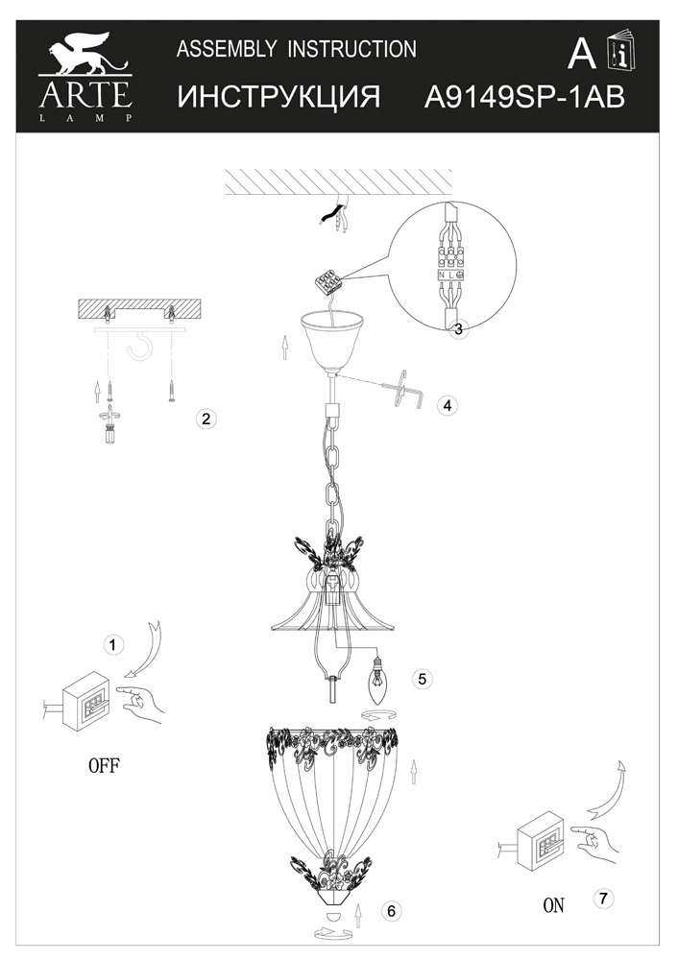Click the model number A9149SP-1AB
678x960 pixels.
pyautogui.click(x=525, y=97)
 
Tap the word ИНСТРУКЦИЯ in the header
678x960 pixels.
pyautogui.click(x=278, y=97)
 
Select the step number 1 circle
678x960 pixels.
pyautogui.click(x=112, y=645)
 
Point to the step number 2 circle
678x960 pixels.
pyautogui.click(x=206, y=419)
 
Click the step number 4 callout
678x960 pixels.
pyautogui.click(x=448, y=405)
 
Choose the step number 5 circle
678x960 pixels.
pyautogui.click(x=423, y=679)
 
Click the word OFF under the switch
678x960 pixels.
pyautogui.click(x=105, y=765)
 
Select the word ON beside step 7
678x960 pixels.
pyautogui.click(x=554, y=905)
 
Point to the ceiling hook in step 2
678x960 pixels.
pyautogui.click(x=138, y=346)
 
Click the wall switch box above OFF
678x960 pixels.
pyautogui.click(x=88, y=701)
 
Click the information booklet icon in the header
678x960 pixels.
pyautogui.click(x=621, y=53)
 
